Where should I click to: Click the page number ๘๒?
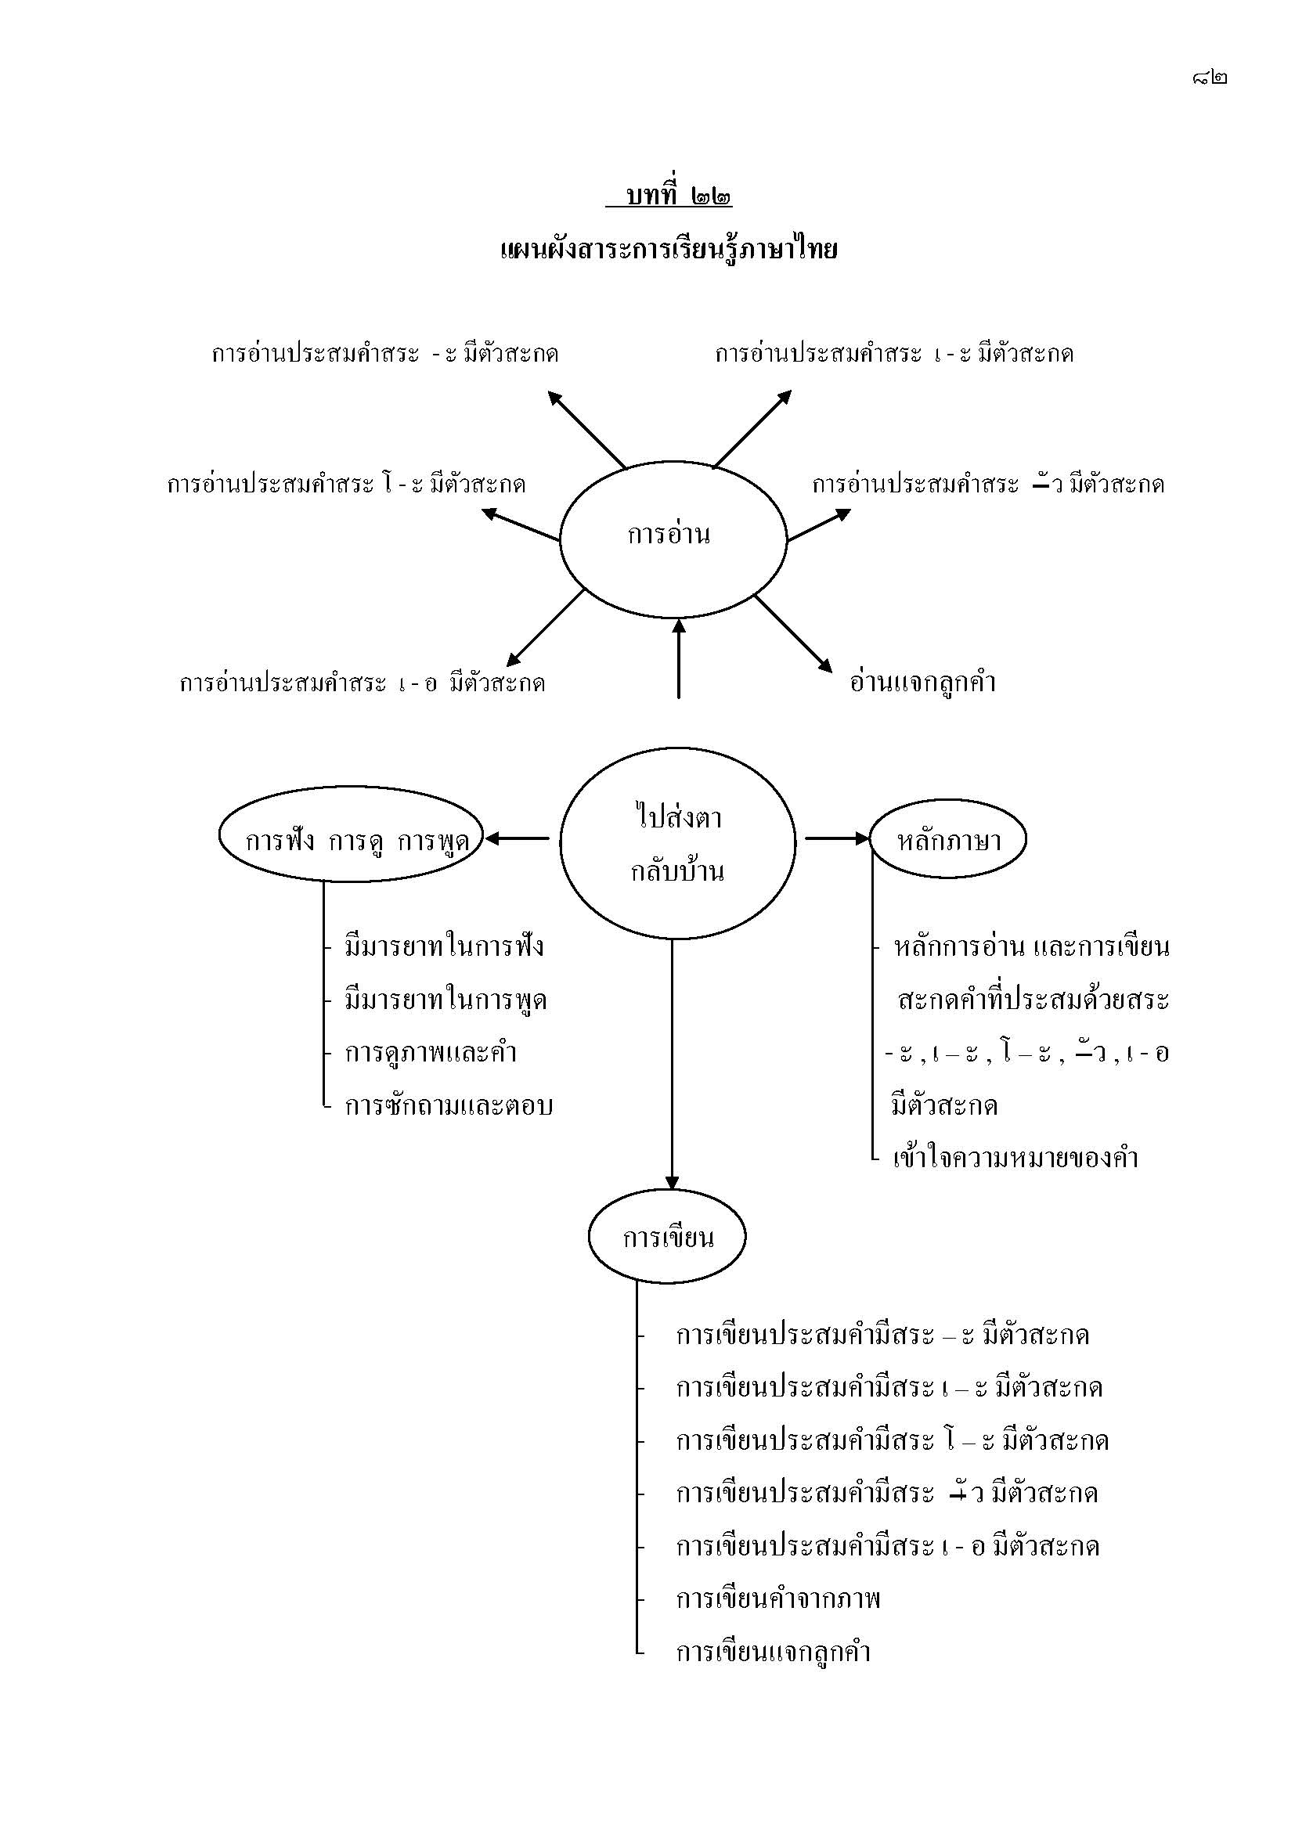click(1209, 77)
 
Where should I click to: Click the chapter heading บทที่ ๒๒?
click(669, 196)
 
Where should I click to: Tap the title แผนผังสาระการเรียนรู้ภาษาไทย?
click(668, 251)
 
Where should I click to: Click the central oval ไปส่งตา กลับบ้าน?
click(677, 843)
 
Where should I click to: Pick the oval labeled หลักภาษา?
click(947, 840)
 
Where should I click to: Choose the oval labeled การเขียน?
click(667, 1237)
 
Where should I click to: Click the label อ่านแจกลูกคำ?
click(923, 683)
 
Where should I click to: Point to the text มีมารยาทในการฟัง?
click(444, 946)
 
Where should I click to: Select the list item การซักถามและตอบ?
click(449, 1105)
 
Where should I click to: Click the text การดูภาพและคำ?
click(431, 1053)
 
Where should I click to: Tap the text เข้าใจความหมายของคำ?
click(1015, 1158)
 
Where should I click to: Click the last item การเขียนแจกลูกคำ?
click(773, 1651)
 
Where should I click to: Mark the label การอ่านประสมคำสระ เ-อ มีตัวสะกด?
click(362, 683)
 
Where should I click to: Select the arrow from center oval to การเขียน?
click(672, 1061)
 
